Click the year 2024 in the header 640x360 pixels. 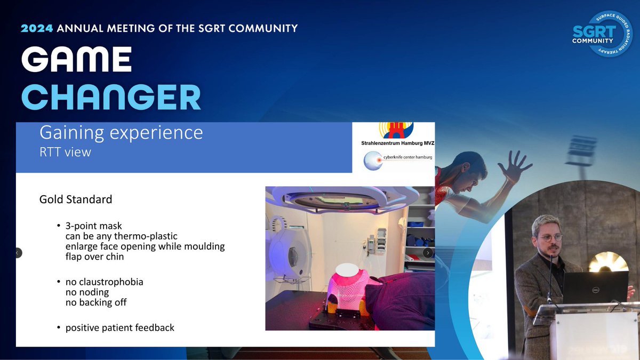(37, 28)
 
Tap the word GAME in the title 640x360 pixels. (76, 60)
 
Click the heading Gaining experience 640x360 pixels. (121, 132)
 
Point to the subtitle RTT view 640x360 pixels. (65, 152)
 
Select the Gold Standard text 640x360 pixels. (76, 199)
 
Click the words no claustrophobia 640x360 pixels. (104, 282)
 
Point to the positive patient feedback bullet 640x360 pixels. (119, 327)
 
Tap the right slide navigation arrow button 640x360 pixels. (428, 253)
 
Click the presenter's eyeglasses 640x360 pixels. (550, 237)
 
